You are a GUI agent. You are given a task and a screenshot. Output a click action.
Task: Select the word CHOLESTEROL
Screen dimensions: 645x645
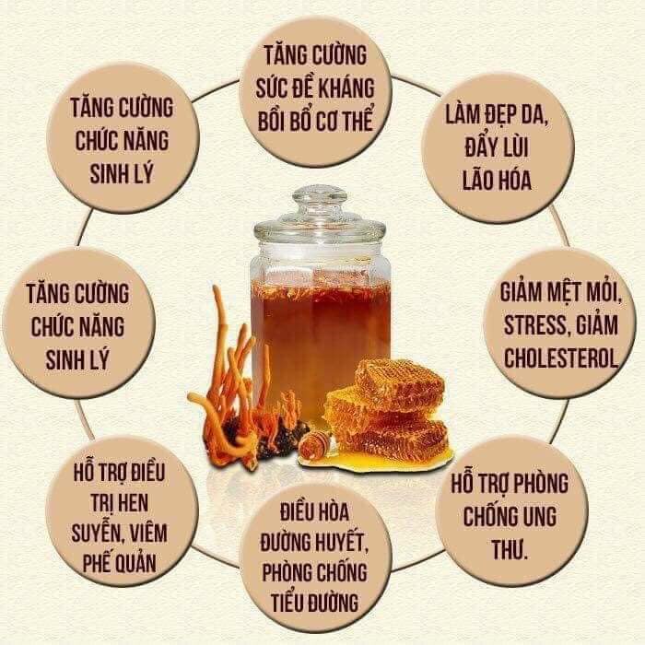coord(559,358)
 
